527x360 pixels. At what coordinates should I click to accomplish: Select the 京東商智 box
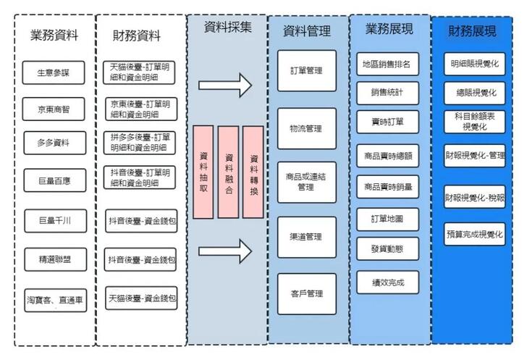[x=55, y=109]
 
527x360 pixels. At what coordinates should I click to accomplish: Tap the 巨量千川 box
[x=55, y=219]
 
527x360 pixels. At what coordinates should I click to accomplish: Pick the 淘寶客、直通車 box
[x=55, y=299]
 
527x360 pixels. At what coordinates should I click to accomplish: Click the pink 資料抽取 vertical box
[x=203, y=172]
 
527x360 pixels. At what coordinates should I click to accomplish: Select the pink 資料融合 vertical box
[x=229, y=172]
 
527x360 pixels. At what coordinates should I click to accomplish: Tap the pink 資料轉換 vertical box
[x=253, y=172]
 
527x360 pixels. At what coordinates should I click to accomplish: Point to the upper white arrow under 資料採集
[x=225, y=85]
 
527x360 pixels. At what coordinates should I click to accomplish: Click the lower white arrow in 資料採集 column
[x=225, y=251]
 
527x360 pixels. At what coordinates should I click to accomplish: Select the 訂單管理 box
[x=306, y=70]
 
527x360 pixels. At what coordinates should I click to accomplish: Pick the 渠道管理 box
[x=306, y=237]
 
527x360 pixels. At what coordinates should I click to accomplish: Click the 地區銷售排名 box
[x=387, y=64]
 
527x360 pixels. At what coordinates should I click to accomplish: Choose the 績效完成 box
[x=387, y=282]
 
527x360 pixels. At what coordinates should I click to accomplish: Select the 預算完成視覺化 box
[x=475, y=233]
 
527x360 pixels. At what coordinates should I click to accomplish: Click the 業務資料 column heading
[x=54, y=34]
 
